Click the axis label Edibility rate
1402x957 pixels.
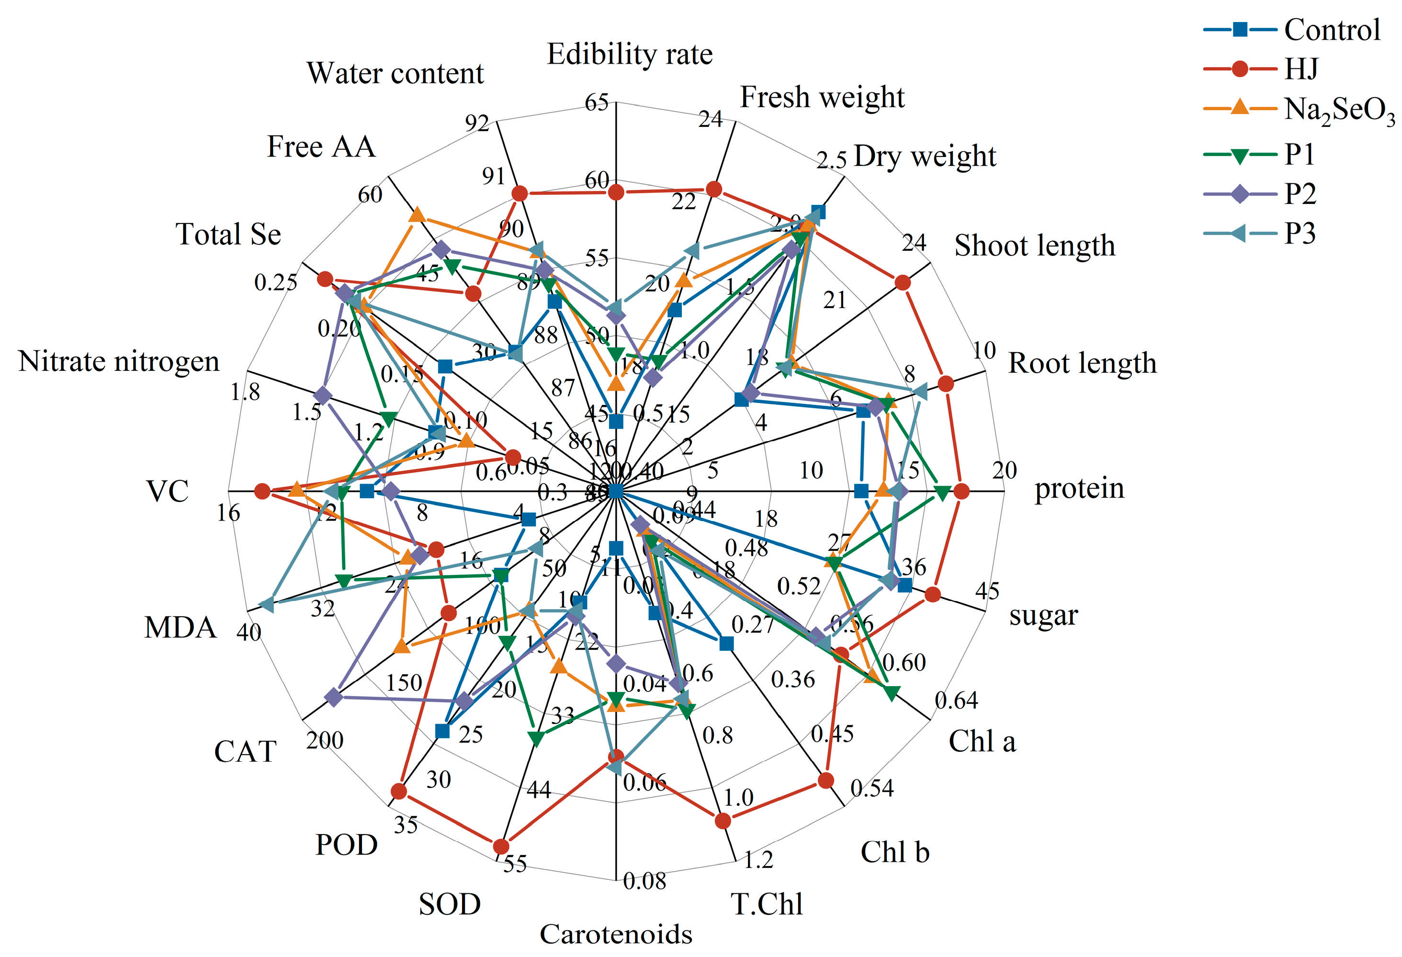point(629,54)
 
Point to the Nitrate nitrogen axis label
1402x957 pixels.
point(119,362)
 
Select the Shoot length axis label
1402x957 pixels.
point(1034,246)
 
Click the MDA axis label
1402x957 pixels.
point(180,628)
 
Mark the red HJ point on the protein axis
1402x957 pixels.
point(961,491)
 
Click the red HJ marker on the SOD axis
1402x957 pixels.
point(500,846)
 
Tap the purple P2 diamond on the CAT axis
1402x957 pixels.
point(333,697)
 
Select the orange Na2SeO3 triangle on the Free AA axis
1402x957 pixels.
point(417,215)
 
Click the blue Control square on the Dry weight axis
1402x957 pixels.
point(818,212)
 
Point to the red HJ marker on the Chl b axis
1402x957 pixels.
point(825,780)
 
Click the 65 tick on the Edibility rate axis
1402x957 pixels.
point(597,102)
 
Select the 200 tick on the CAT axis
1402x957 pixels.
point(325,741)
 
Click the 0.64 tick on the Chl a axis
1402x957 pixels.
point(956,701)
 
